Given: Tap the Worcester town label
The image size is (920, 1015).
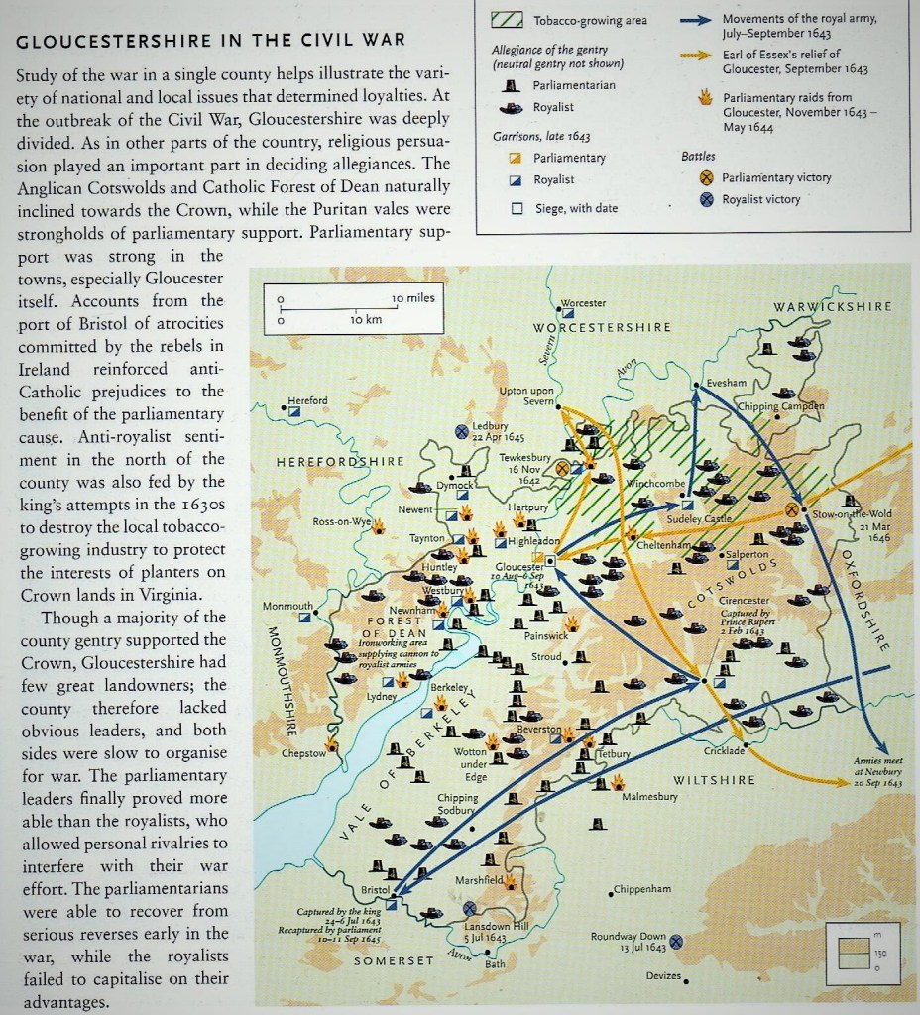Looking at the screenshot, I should [x=583, y=302].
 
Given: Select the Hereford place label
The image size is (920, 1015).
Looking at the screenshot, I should [x=307, y=400].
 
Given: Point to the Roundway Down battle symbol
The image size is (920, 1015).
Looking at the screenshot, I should [x=676, y=942].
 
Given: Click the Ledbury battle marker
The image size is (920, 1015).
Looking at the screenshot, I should [x=462, y=431].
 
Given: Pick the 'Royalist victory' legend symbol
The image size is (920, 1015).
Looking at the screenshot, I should [x=707, y=199].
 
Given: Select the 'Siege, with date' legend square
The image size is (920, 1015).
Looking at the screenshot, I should [x=517, y=208].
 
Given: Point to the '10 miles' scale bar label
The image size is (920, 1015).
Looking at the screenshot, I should [x=413, y=298].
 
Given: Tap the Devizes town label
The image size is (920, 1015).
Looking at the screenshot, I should [x=663, y=976].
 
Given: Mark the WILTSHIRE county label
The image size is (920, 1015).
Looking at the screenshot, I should [x=714, y=780].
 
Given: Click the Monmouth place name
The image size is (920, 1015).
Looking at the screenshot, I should [x=287, y=606].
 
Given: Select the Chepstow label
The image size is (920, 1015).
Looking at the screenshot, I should [x=303, y=753].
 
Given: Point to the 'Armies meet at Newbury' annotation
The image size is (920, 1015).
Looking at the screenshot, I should [x=877, y=771].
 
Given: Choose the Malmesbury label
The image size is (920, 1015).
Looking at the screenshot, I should [x=649, y=796].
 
